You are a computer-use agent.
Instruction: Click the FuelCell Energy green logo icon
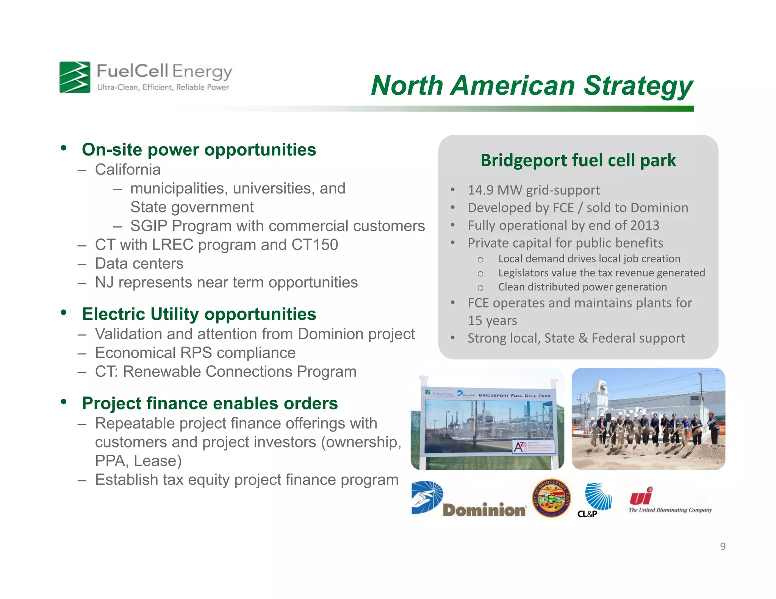[75, 77]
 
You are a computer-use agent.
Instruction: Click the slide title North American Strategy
[532, 86]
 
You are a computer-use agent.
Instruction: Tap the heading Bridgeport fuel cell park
[578, 160]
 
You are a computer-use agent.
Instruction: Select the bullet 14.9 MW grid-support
[533, 190]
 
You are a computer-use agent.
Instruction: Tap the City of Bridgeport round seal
[551, 498]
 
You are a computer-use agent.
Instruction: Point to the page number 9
[723, 546]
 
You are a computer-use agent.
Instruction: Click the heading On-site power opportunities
[199, 150]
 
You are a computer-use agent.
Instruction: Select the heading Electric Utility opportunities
[199, 314]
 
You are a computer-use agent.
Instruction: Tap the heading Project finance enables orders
[210, 403]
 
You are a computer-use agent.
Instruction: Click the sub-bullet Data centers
[139, 264]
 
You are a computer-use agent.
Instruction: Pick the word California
[128, 170]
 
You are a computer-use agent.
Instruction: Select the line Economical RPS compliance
[195, 353]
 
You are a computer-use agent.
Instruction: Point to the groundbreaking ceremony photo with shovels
[648, 419]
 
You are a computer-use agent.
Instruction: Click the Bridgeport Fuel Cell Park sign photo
[487, 419]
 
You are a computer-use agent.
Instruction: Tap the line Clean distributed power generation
[582, 287]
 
